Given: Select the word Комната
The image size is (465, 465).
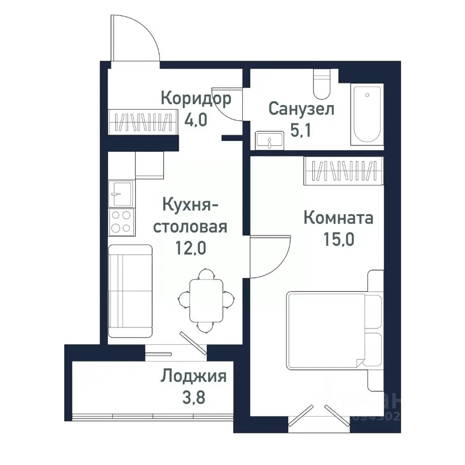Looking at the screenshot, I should [x=338, y=218].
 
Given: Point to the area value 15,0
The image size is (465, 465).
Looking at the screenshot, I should [x=339, y=240].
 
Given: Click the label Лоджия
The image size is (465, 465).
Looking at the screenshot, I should [x=194, y=376].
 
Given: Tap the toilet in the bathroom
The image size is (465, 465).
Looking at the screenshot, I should [x=321, y=84].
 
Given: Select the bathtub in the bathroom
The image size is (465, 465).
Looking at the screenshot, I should [x=367, y=114].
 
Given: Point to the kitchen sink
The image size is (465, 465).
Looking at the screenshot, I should [x=120, y=193].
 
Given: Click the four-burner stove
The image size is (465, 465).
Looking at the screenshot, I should [x=121, y=221].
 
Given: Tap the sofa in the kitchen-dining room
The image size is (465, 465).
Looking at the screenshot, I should [x=130, y=291].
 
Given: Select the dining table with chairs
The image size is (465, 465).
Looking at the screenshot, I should [x=206, y=300].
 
